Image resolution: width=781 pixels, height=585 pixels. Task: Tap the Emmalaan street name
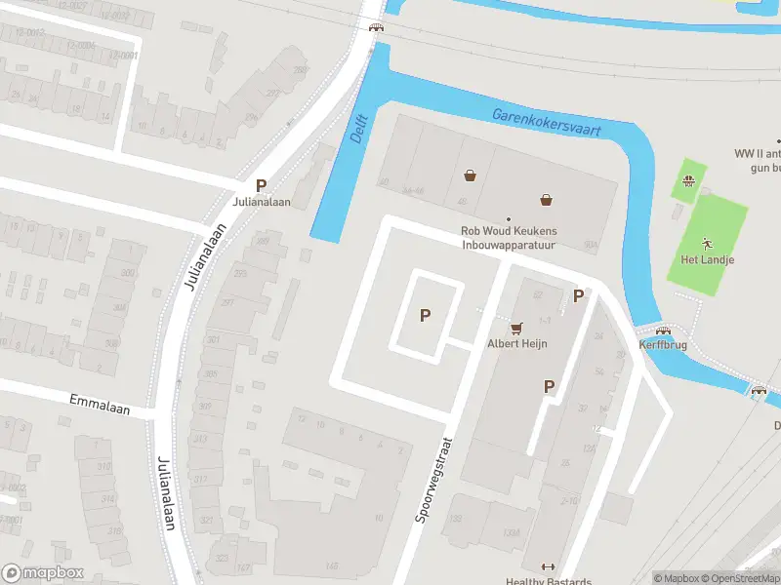[99, 400]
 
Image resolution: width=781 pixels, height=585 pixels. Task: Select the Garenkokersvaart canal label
[546, 121]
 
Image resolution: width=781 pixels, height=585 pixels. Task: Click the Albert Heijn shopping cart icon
[517, 327]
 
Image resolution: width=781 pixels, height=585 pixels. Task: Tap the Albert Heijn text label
[517, 343]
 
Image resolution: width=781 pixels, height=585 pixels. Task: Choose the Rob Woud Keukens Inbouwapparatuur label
[508, 238]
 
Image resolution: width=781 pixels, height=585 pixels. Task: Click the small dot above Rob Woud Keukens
[508, 218]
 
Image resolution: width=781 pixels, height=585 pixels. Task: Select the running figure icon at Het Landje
[707, 242]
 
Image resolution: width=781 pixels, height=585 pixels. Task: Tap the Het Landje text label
[707, 259]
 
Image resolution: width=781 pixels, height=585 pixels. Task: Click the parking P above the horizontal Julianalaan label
[261, 184]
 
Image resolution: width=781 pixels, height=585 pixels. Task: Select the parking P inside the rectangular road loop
[425, 314]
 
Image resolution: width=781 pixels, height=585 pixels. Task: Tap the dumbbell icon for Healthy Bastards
[546, 567]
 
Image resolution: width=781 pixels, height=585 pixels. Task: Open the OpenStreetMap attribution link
[737, 577]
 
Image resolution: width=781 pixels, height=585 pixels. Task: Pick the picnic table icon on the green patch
[688, 180]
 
